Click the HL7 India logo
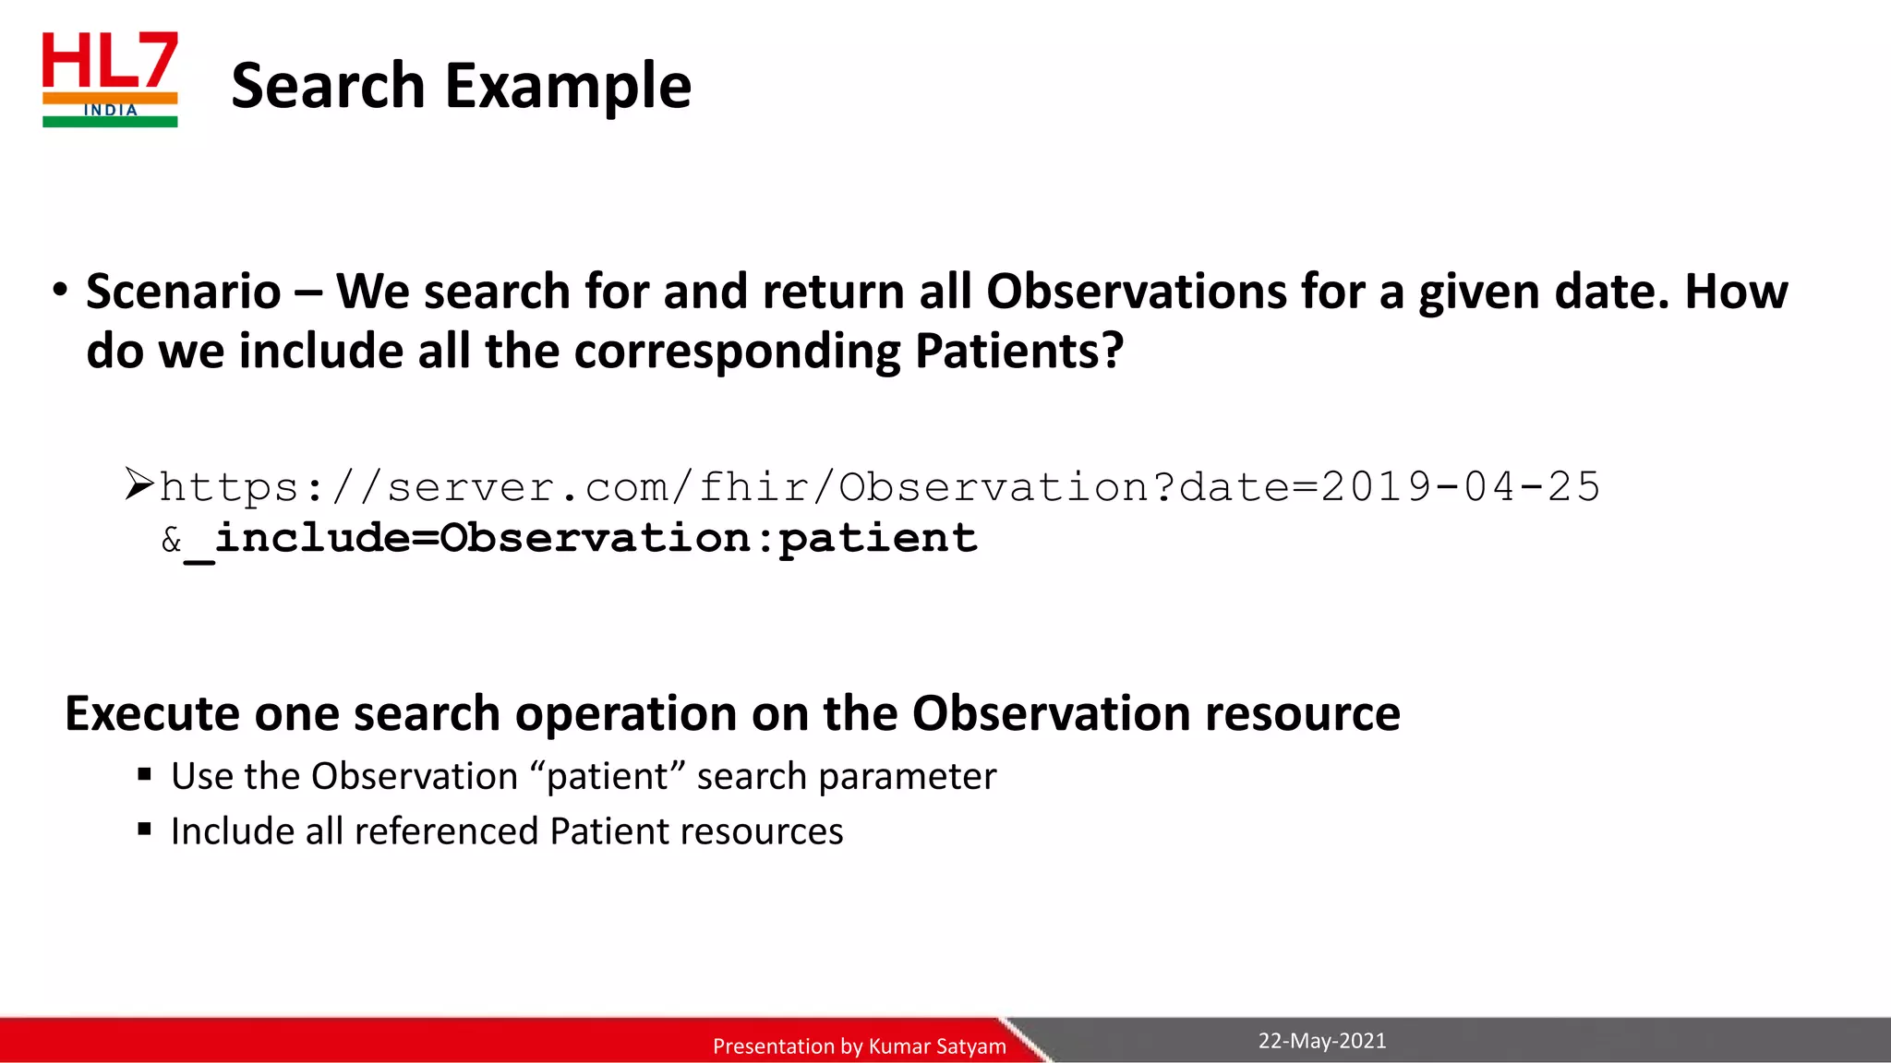[110, 79]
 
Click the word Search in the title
[328, 86]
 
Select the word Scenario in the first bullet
[184, 292]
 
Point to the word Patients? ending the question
[1019, 352]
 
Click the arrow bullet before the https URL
[139, 484]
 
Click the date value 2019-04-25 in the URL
[1460, 486]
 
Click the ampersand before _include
[171, 540]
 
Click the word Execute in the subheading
[152, 713]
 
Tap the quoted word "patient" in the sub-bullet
[608, 776]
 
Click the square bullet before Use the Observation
[144, 774]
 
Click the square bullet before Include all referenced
[144, 829]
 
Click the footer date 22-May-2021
[1321, 1041]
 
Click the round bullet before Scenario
[61, 290]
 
